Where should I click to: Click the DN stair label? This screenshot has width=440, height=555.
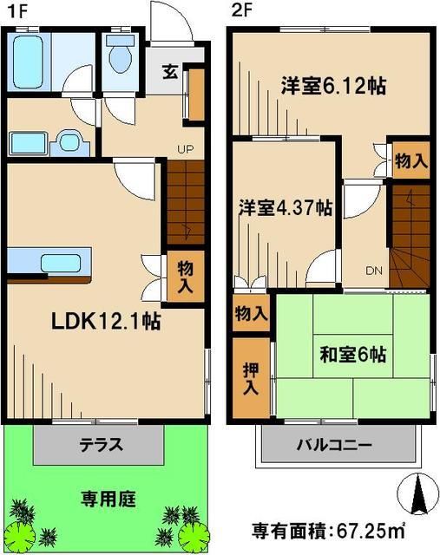coord(374,271)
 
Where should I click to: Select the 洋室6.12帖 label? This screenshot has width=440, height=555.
coord(332,87)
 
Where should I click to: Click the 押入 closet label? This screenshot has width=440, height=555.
coord(250,376)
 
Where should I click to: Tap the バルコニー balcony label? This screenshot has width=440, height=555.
coord(335,446)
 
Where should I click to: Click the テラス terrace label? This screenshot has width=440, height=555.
coord(102,447)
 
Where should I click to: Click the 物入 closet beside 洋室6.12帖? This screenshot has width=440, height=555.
coord(410,161)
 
